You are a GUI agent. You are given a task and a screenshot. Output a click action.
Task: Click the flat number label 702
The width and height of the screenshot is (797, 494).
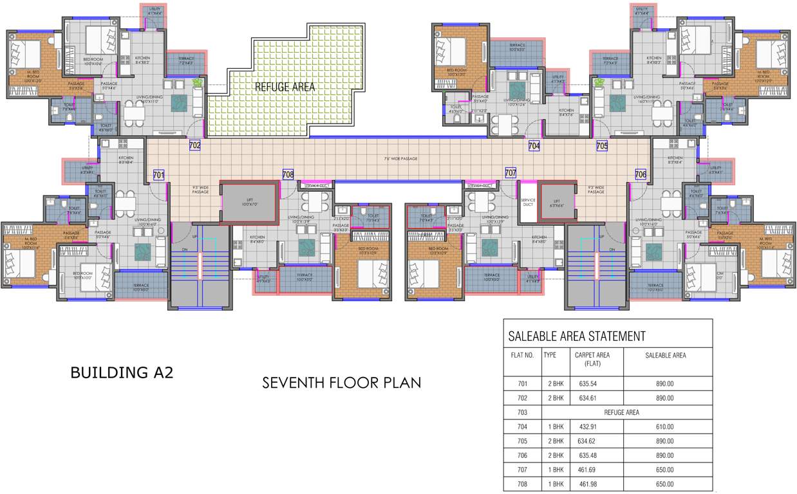[195, 145]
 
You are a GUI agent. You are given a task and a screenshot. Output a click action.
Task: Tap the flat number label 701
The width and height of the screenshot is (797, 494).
[159, 174]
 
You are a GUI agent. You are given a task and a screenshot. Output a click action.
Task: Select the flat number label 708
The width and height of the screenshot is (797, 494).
[288, 174]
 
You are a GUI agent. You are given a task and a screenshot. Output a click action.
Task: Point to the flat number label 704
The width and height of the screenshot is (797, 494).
[534, 146]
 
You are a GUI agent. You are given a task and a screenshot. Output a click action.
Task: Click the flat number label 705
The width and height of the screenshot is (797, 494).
[602, 146]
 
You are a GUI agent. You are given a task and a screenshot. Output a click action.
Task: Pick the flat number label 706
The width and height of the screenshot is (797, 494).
[641, 174]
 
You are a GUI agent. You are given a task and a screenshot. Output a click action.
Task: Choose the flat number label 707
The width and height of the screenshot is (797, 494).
[511, 174]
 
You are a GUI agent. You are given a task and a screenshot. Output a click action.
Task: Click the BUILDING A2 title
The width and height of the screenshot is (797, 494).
[122, 372]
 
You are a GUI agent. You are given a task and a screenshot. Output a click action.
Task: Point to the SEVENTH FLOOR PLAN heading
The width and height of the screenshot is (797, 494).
[341, 383]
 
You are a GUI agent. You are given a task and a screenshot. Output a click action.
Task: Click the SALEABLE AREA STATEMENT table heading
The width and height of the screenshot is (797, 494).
[577, 336]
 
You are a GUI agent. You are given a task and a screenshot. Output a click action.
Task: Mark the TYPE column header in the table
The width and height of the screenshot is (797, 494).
[550, 355]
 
